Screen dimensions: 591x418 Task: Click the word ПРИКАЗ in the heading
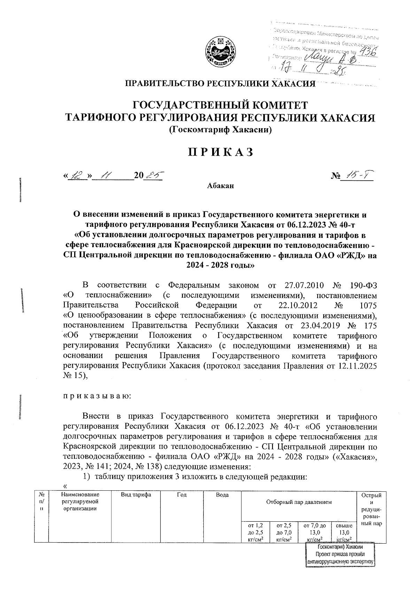point(220,153)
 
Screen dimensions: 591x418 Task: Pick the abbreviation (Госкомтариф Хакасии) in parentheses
point(220,130)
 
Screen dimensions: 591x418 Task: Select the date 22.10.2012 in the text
point(298,305)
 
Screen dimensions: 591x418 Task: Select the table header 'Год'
point(181,495)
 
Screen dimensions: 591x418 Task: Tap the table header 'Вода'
point(222,495)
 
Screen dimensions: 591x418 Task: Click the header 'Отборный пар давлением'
point(299,502)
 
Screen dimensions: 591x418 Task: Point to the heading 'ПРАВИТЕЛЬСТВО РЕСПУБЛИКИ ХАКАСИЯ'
point(220,84)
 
